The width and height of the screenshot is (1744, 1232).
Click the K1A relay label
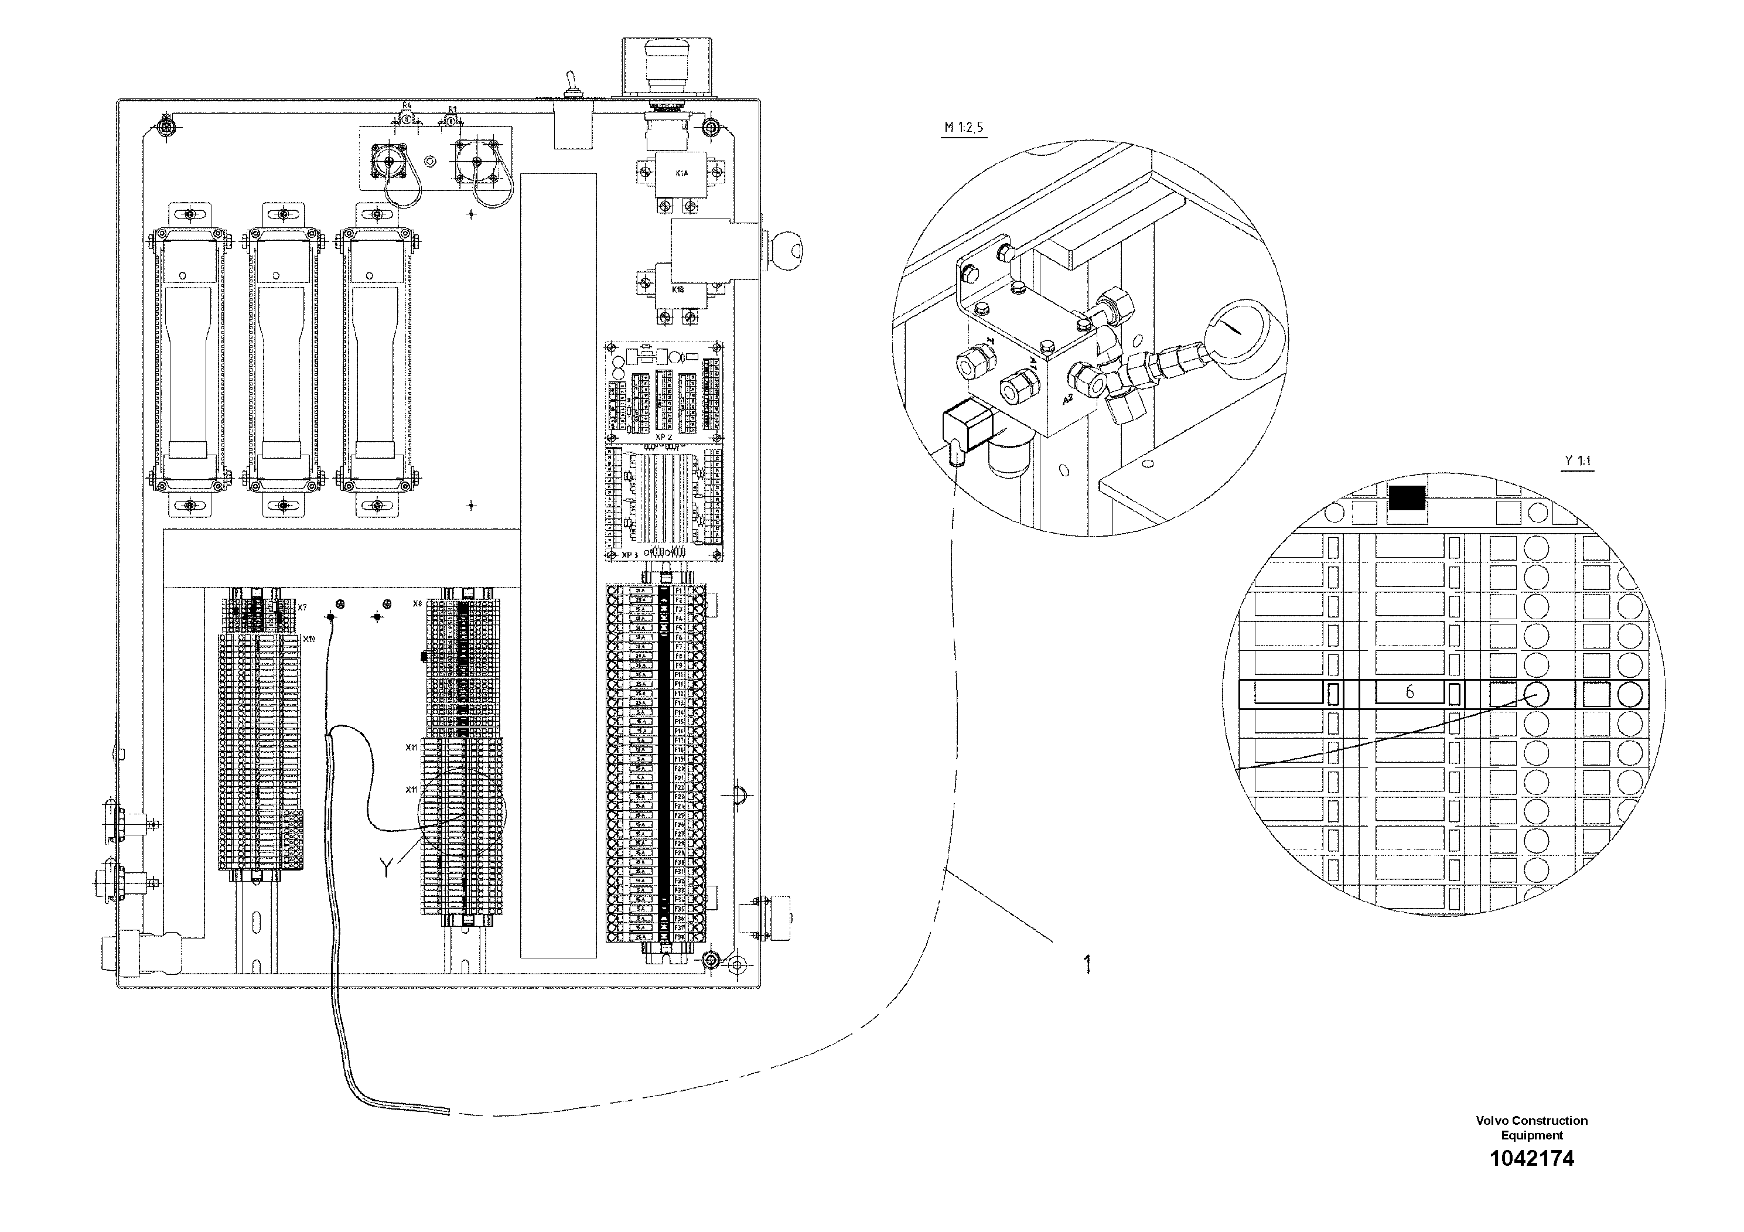tap(682, 174)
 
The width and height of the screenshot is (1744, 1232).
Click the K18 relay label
tap(678, 289)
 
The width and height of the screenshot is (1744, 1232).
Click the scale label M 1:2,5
tap(964, 128)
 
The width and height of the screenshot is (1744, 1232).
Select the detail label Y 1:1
tap(1578, 461)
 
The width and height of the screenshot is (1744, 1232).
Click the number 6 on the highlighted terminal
tap(1409, 692)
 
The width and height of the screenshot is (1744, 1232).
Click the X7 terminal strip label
tap(302, 608)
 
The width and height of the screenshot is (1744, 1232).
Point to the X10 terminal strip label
tap(308, 640)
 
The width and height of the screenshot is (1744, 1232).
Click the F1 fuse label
tap(679, 590)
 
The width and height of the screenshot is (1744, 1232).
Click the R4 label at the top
tap(407, 105)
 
